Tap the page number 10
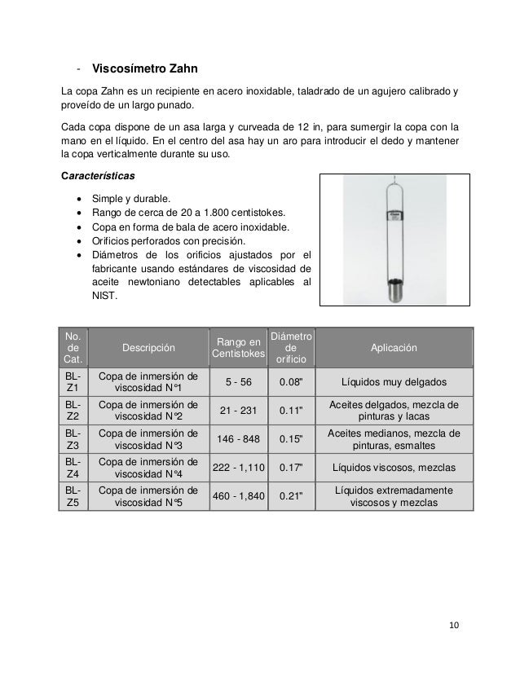[454, 625]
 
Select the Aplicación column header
[394, 348]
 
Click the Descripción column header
[148, 348]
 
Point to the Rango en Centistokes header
[238, 348]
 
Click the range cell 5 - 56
[238, 382]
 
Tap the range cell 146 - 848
[238, 439]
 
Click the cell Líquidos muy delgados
[394, 382]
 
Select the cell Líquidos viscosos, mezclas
[394, 468]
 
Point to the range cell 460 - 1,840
[238, 496]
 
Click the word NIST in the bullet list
[107, 297]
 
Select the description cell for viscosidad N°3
[148, 439]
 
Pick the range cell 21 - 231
[238, 411]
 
